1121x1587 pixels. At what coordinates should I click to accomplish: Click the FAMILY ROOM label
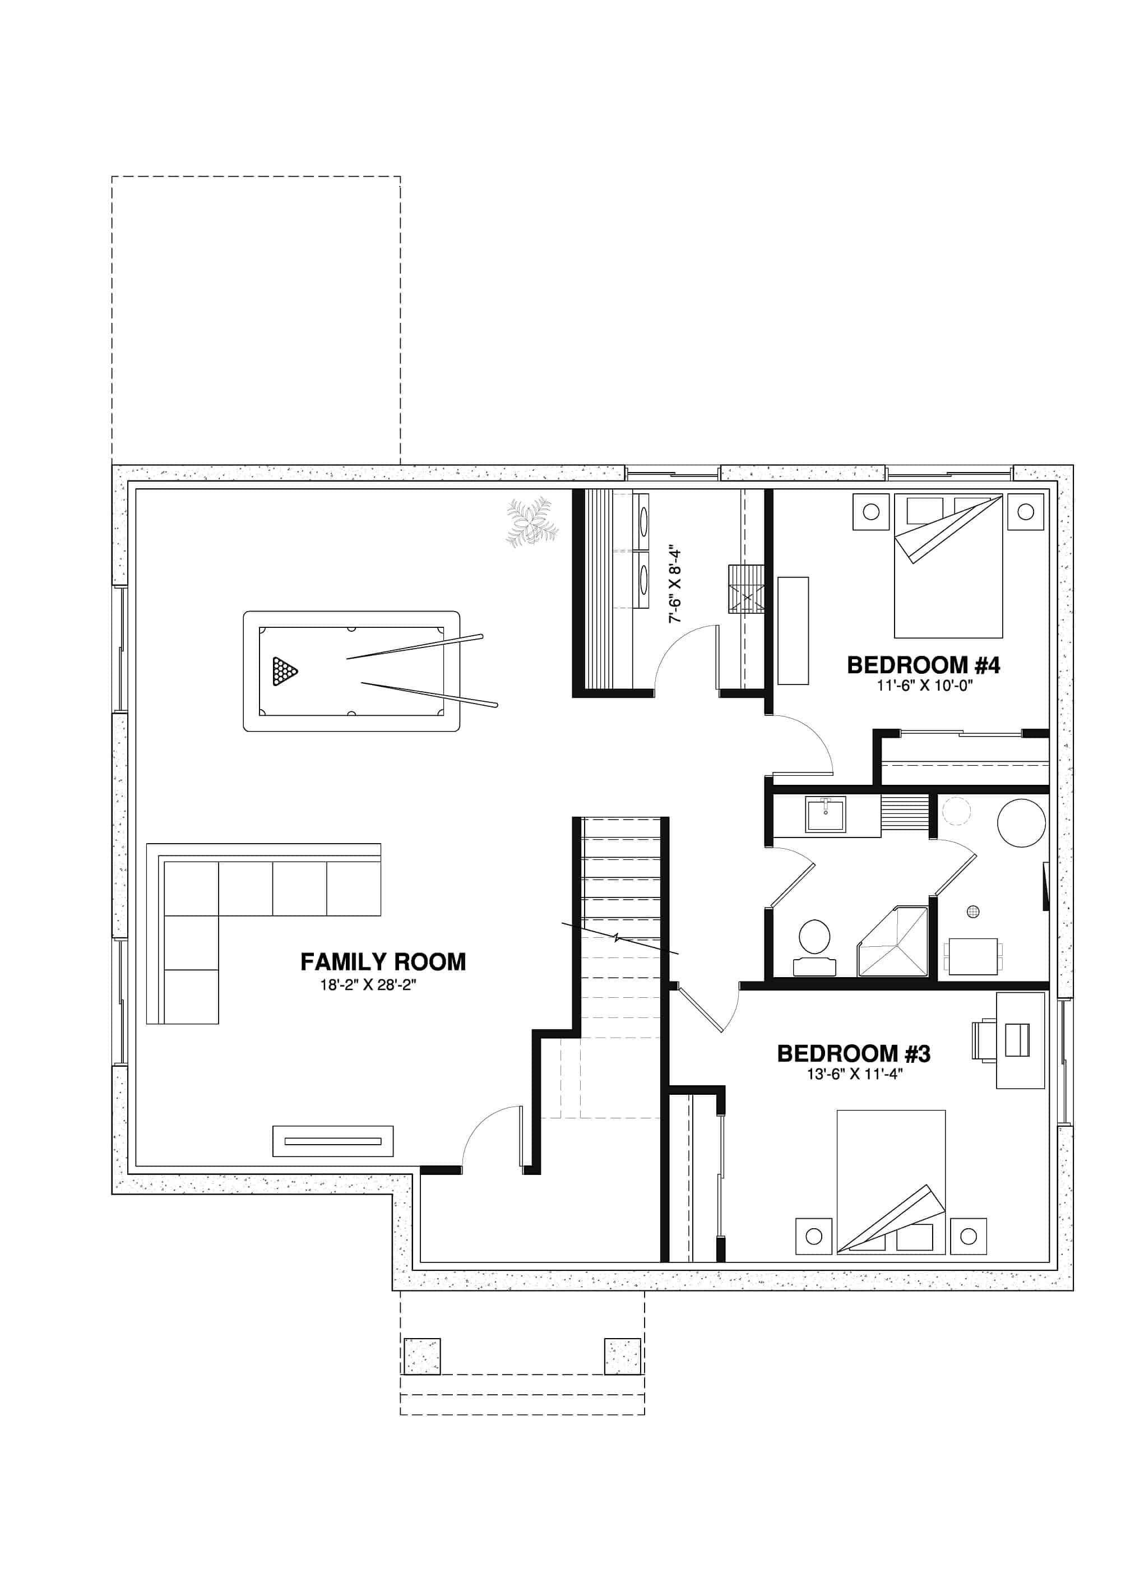click(383, 961)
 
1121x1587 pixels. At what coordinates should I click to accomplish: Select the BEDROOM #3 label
click(854, 1053)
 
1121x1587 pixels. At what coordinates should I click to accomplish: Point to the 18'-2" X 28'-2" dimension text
click(368, 985)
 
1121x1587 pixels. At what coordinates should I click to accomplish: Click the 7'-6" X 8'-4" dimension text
click(675, 586)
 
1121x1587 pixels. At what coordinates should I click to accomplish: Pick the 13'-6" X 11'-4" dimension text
click(855, 1074)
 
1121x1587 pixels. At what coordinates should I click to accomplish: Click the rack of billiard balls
click(284, 671)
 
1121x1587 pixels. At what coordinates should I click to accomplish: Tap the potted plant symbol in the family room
click(531, 522)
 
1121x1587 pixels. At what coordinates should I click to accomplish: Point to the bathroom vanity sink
click(825, 815)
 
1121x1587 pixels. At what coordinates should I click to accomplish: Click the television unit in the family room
click(333, 1141)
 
